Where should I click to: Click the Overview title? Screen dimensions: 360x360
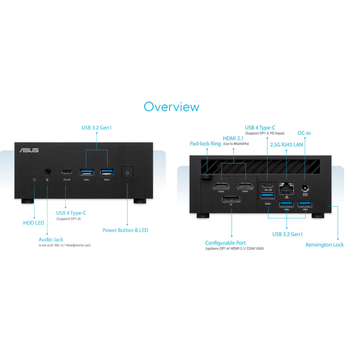tap(172, 107)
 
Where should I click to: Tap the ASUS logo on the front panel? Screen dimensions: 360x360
tap(29, 150)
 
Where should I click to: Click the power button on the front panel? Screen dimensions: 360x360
tap(127, 172)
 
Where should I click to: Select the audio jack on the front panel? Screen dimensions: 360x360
tap(48, 172)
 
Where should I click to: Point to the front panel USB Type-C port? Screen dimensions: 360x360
tap(67, 172)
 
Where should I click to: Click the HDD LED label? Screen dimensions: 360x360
tap(34, 223)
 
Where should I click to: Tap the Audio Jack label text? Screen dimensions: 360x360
tap(51, 239)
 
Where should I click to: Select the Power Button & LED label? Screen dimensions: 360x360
tap(126, 230)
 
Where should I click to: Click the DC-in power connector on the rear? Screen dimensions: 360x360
tap(305, 188)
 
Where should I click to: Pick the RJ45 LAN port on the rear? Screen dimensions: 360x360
tap(286, 189)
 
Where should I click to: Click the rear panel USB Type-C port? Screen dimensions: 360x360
tap(268, 186)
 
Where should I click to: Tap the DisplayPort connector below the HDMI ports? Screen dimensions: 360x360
tap(231, 199)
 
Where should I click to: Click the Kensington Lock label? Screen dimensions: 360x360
tap(324, 245)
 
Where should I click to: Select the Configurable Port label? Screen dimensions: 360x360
tap(225, 243)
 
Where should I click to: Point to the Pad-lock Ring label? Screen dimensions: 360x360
tap(205, 144)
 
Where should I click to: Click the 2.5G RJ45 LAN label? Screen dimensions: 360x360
tap(287, 144)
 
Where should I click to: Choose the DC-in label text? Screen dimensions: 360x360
tap(304, 133)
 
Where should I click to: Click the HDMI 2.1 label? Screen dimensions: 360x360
tap(233, 139)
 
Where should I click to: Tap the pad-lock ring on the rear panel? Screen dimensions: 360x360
tap(207, 176)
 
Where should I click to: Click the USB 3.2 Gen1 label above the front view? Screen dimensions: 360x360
tap(97, 128)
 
